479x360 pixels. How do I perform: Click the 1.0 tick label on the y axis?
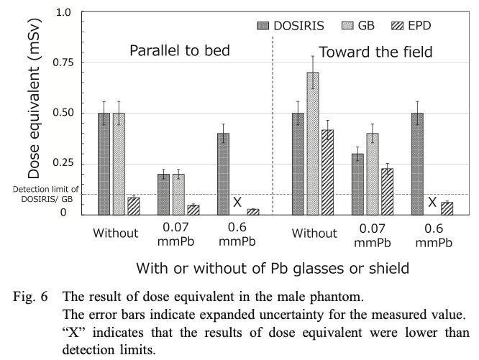coord(63,13)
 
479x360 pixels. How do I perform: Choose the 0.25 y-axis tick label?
coord(64,163)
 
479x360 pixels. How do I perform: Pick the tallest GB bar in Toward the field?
coord(312,142)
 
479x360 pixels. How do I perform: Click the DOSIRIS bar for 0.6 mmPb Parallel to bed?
coord(224,173)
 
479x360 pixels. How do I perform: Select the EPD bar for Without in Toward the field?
coord(327,171)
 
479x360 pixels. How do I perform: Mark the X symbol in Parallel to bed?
coord(237,203)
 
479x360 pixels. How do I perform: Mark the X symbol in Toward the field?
coord(432,203)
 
